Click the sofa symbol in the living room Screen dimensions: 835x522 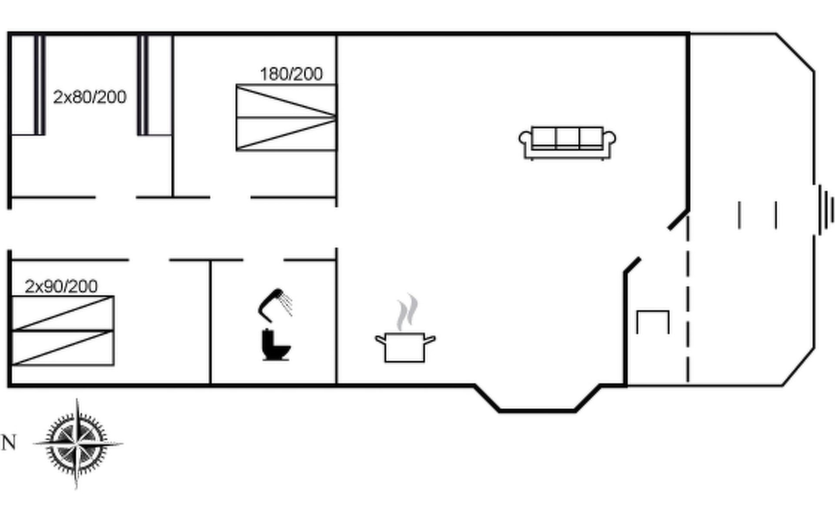pyautogui.click(x=567, y=143)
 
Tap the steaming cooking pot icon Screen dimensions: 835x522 pyautogui.click(x=405, y=347)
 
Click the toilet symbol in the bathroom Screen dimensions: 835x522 pyautogui.click(x=276, y=345)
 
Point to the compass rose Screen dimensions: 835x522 pyautogui.click(x=77, y=444)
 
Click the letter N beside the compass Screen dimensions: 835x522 pyautogui.click(x=9, y=443)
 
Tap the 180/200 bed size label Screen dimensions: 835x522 pyautogui.click(x=291, y=74)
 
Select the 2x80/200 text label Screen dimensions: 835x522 pyautogui.click(x=90, y=97)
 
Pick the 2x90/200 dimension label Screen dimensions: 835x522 pyautogui.click(x=61, y=286)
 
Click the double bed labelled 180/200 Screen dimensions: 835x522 pyautogui.click(x=286, y=117)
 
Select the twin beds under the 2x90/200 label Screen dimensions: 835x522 pyautogui.click(x=63, y=331)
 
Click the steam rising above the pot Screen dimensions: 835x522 pyautogui.click(x=407, y=311)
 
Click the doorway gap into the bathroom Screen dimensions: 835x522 pyautogui.click(x=263, y=260)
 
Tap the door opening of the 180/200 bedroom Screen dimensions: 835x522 pyautogui.click(x=230, y=197)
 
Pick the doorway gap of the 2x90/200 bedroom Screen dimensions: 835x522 pyautogui.click(x=149, y=260)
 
